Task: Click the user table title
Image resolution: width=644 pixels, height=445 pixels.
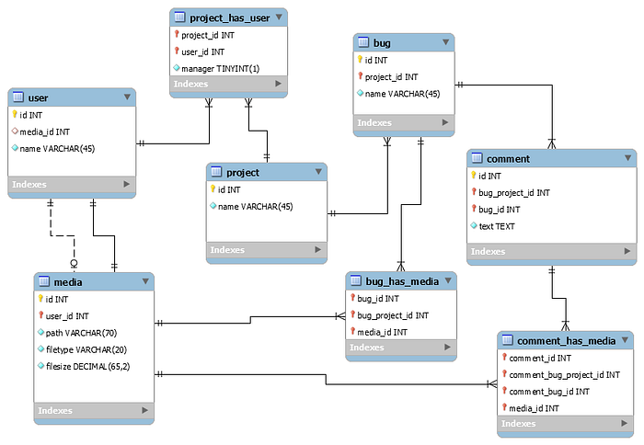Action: pyautogui.click(x=39, y=97)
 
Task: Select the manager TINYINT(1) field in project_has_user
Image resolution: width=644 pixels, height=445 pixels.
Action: pyautogui.click(x=215, y=68)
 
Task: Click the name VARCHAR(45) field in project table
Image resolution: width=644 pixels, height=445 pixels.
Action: pyautogui.click(x=255, y=206)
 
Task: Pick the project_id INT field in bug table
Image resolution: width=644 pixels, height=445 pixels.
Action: pyautogui.click(x=391, y=77)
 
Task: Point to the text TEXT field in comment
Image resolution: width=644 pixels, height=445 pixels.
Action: pyautogui.click(x=498, y=226)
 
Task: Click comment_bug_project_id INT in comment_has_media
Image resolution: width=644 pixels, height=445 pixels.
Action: pyautogui.click(x=564, y=374)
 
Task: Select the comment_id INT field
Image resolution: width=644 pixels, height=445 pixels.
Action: pyautogui.click(x=540, y=358)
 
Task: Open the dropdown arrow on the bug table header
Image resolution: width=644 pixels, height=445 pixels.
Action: pyautogui.click(x=446, y=42)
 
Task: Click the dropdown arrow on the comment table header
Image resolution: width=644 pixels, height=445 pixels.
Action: pyautogui.click(x=627, y=158)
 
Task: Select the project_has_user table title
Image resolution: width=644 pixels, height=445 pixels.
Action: pyautogui.click(x=230, y=17)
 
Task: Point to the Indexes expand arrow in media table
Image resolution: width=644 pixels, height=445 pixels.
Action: pyautogui.click(x=144, y=410)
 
